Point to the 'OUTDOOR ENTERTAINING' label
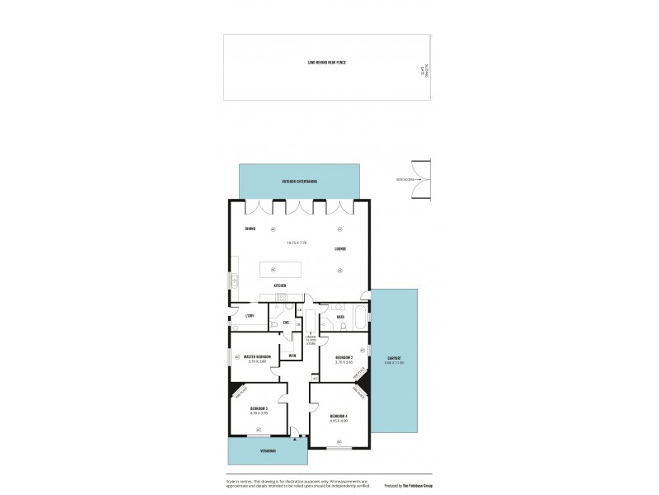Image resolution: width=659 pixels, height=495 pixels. tap(298, 181)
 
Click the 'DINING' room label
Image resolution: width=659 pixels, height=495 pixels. tap(250, 229)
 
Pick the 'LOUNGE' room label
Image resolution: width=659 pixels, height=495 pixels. tap(339, 248)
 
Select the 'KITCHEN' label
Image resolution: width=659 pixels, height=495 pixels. tap(280, 285)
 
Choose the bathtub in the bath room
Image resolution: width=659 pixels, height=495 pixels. tap(361, 316)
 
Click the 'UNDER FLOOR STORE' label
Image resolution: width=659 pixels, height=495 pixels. tap(311, 338)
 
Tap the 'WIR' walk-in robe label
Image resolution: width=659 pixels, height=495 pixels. tap(292, 356)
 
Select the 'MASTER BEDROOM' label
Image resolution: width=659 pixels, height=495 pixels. tap(258, 356)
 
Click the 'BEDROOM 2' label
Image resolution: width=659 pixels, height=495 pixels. tap(344, 356)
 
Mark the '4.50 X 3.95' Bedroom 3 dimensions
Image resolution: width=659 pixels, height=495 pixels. tap(259, 413)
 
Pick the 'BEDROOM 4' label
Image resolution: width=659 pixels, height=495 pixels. tap(339, 415)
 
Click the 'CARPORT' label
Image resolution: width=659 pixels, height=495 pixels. tap(394, 358)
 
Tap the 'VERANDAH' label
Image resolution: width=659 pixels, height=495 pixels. tap(267, 451)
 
